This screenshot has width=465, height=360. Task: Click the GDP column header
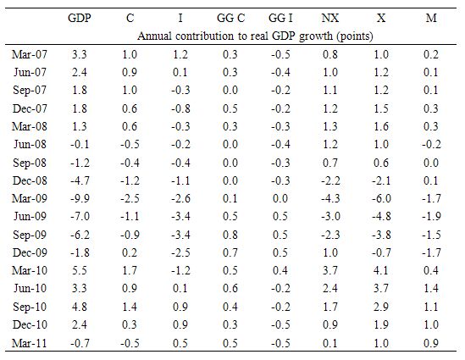pos(80,18)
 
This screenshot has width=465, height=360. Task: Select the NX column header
pos(330,18)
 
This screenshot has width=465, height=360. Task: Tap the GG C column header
pos(230,18)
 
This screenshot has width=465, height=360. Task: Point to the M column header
pos(431,18)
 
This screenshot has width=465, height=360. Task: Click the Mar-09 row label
pos(30,198)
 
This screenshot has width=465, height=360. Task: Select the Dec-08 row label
pos(30,180)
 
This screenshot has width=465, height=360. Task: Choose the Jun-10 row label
pos(30,288)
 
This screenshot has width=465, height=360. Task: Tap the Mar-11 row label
pos(30,343)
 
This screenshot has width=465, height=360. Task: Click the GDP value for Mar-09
pos(80,198)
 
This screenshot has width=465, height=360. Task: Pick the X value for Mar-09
pos(381,198)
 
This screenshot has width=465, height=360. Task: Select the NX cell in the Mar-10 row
pos(330,270)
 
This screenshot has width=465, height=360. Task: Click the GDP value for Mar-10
pos(80,270)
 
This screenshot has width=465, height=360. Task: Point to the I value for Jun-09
pos(180,216)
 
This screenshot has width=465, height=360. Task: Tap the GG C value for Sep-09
pos(230,235)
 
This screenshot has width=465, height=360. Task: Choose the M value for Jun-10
pos(431,288)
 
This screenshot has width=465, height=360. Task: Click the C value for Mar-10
pos(130,270)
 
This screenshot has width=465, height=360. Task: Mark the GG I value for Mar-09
pos(280,198)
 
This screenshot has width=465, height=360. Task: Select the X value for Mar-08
pos(381,126)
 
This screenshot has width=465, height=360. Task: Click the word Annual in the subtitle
pos(154,36)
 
